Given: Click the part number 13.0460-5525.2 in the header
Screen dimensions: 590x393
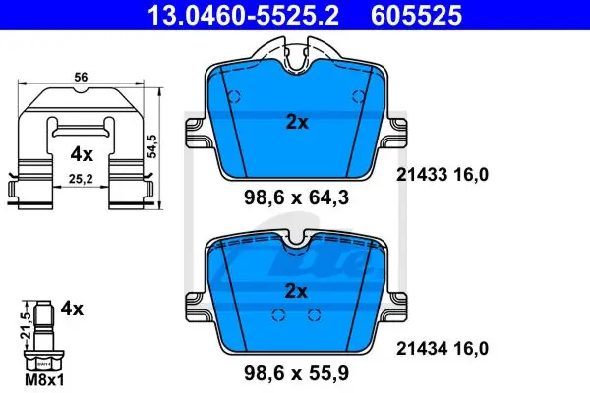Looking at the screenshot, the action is (244, 15).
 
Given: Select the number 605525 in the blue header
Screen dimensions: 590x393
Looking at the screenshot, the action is (417, 15).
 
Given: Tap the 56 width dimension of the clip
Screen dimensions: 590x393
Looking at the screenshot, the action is (81, 77).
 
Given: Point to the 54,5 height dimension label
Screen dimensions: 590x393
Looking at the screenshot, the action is (152, 146).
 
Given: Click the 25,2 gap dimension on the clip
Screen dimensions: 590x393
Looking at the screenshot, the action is (81, 179).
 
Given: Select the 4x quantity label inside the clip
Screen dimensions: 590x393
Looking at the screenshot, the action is (82, 154).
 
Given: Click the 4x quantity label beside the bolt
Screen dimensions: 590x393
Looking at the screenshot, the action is (72, 309).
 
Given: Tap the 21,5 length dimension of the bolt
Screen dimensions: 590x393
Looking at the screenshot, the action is (25, 325).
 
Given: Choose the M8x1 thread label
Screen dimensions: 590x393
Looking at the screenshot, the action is (44, 380).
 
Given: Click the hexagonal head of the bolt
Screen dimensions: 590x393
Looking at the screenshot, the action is (43, 362).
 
